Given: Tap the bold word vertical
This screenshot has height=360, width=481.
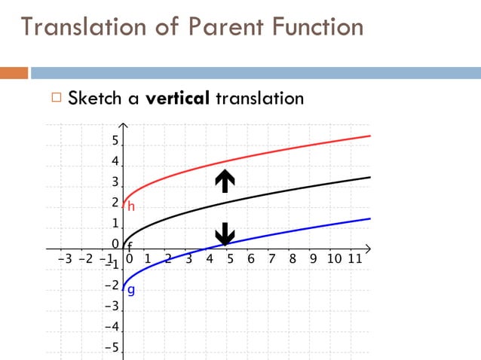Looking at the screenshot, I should (176, 98).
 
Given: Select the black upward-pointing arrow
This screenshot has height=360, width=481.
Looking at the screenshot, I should (225, 181).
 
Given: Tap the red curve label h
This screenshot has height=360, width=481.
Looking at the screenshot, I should (130, 206).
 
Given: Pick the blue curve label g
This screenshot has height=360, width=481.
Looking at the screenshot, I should (130, 290).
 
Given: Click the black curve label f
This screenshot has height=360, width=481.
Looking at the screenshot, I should (130, 247).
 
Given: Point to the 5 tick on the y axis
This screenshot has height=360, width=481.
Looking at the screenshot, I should (115, 141).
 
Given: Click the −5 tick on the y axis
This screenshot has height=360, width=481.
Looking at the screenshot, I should (112, 347).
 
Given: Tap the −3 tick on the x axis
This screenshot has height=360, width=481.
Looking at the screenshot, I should (66, 258).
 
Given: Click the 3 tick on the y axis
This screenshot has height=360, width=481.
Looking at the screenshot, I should (115, 182).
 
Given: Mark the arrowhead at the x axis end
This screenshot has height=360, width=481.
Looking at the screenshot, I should (369, 248).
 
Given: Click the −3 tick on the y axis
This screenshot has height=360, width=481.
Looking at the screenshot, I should (112, 306).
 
